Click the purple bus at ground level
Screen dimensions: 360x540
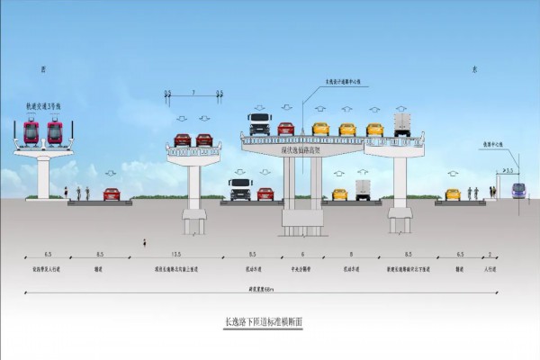519,190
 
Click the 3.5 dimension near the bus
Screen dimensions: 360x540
509,169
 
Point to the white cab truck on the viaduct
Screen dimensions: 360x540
259,125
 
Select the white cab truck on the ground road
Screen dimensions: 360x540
240,189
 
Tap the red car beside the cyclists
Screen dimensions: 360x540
112,193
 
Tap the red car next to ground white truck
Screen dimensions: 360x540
265,193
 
